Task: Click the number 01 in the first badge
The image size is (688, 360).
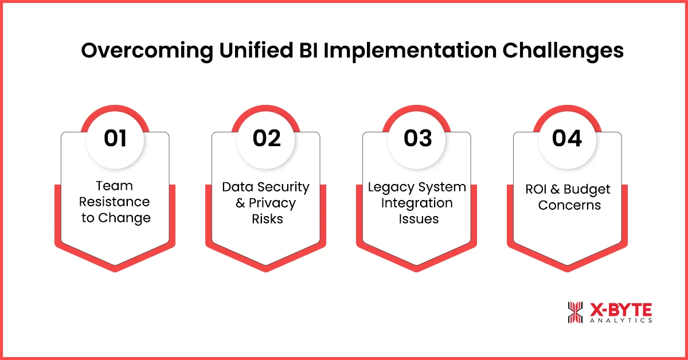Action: pos(115,139)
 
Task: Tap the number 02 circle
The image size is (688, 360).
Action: pos(267,139)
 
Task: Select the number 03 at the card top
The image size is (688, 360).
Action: pos(417,139)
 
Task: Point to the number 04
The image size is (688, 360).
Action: pos(567,139)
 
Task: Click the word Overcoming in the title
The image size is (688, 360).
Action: pos(147,51)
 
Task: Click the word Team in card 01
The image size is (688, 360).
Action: pos(115,186)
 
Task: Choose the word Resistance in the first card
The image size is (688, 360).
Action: pos(115,202)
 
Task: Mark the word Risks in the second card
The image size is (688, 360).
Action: pos(267,219)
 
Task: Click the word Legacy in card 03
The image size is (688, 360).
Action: pos(389,187)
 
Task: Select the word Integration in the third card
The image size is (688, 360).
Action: pos(417,203)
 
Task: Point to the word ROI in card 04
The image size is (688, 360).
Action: pos(538,190)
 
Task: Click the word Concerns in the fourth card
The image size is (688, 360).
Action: pos(569,205)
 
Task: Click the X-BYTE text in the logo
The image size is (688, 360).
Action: pos(620,310)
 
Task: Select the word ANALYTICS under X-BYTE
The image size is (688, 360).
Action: pos(620,321)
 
